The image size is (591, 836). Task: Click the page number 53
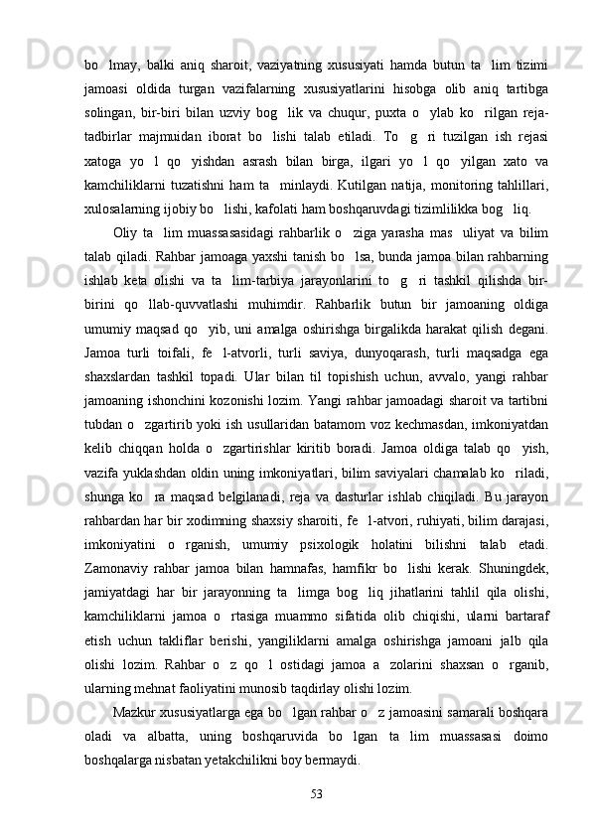[x=317, y=792]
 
